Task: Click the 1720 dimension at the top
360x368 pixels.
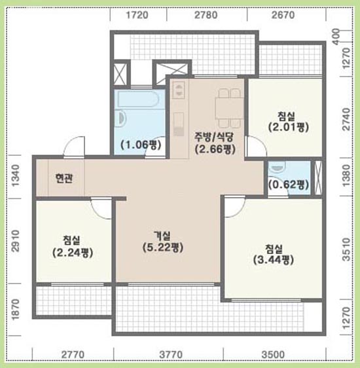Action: coord(137,15)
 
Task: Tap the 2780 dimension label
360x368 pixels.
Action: coord(206,15)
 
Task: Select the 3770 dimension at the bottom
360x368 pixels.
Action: coord(170,355)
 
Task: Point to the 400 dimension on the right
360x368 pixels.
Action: coord(336,37)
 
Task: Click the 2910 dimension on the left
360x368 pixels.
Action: coord(16,241)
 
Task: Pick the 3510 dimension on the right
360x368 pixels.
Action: coord(346,249)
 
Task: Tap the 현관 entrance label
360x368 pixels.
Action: coord(64,178)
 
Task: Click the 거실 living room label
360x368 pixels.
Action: coord(162,235)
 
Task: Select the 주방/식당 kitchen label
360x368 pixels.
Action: coord(213,137)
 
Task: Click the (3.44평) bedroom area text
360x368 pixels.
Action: coord(274,260)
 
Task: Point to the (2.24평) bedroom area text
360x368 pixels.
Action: coord(73,253)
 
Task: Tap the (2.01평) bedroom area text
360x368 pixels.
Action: coord(289,127)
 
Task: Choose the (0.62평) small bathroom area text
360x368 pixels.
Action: coord(288,185)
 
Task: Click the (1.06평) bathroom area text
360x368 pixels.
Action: coord(141,145)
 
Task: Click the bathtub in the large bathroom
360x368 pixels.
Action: coord(138,99)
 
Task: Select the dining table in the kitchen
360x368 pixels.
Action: coord(230,108)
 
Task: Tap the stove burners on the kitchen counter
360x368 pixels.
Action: coord(179,90)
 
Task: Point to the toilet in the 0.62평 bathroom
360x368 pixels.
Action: coord(278,168)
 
